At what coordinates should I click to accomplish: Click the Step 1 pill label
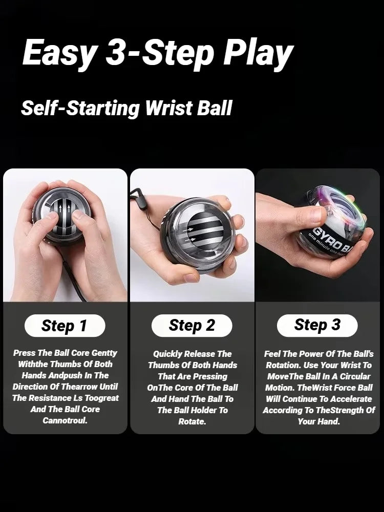(65, 326)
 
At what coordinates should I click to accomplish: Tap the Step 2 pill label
(192, 326)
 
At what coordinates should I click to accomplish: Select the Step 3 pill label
(317, 325)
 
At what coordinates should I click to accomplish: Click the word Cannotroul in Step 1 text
(65, 420)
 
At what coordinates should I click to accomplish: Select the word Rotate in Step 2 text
(192, 421)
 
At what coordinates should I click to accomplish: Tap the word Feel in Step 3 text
(273, 354)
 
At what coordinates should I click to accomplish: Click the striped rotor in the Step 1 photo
(66, 210)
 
